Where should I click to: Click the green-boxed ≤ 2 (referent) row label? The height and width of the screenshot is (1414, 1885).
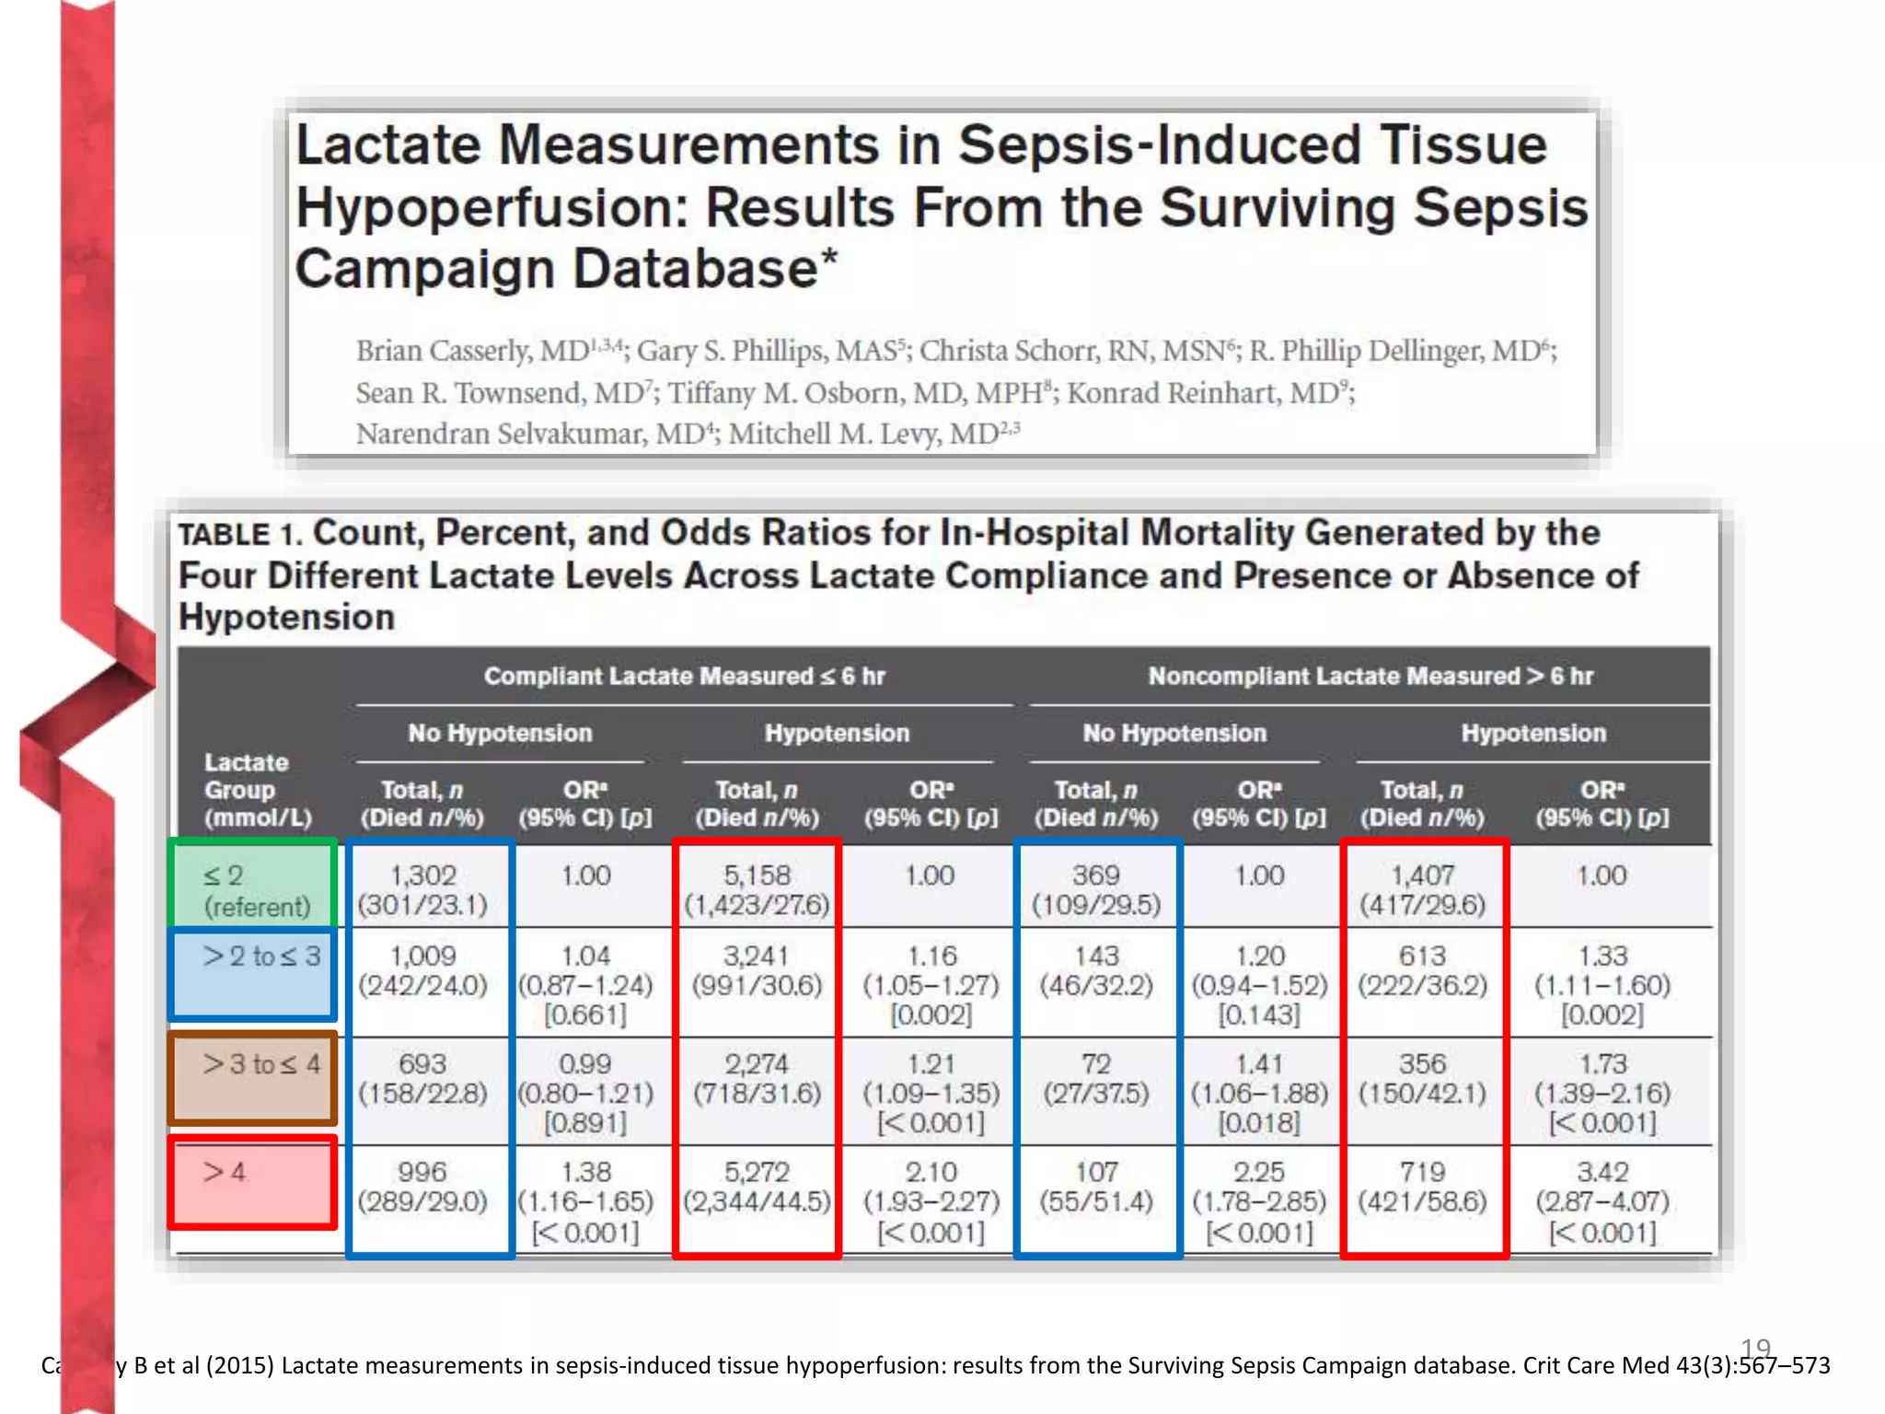pyautogui.click(x=255, y=889)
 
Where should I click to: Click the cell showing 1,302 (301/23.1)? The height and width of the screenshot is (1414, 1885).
pyautogui.click(x=422, y=889)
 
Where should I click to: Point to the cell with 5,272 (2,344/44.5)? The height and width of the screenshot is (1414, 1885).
pyautogui.click(x=757, y=1187)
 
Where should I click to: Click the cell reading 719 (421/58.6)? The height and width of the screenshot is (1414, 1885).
pyautogui.click(x=1423, y=1187)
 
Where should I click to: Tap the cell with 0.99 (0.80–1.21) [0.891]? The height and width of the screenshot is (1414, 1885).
pyautogui.click(x=585, y=1093)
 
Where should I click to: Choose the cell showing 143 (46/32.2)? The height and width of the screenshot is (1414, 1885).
pyautogui.click(x=1096, y=971)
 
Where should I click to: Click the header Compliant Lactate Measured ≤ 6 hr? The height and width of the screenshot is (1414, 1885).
pyautogui.click(x=685, y=677)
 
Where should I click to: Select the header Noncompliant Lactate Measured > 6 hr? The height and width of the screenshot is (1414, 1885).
pyautogui.click(x=1370, y=677)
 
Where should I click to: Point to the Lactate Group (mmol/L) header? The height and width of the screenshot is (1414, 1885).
pyautogui.click(x=257, y=790)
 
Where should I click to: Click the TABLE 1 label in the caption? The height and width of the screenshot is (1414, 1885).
pyautogui.click(x=238, y=535)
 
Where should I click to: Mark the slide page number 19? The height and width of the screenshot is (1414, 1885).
pyautogui.click(x=1755, y=1349)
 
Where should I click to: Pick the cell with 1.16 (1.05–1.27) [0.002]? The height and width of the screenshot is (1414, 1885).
pyautogui.click(x=931, y=985)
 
